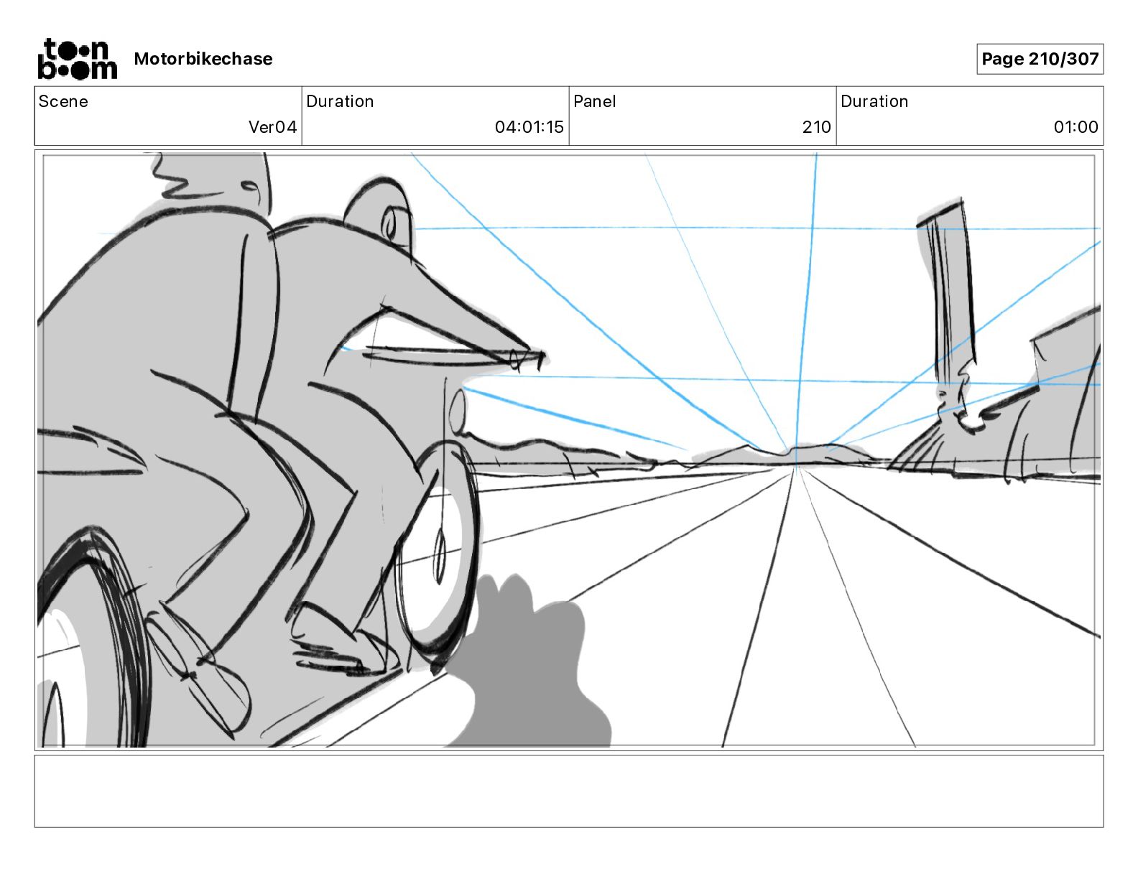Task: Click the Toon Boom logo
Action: (x=77, y=59)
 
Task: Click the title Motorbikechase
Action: (x=203, y=59)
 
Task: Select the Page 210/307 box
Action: (x=1040, y=59)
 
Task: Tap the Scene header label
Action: (x=63, y=101)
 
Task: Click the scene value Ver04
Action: (x=272, y=127)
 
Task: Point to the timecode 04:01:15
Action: (x=529, y=127)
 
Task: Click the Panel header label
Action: (x=594, y=101)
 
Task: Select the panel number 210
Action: (x=816, y=127)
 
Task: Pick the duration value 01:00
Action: (x=1075, y=127)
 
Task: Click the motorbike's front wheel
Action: (x=440, y=553)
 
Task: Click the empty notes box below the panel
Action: (x=568, y=791)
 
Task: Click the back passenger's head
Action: (x=216, y=180)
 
